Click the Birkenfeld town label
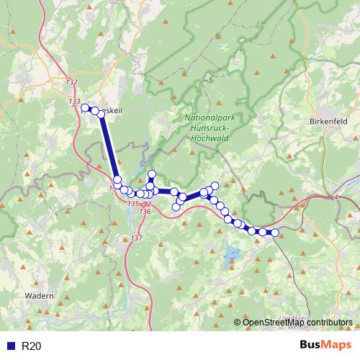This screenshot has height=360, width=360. point(333,122)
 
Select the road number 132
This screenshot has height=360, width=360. point(71,83)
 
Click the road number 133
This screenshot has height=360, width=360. point(75,102)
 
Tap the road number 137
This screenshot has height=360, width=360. point(138,238)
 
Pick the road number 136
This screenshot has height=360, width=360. point(145,212)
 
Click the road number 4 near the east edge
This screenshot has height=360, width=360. point(336,197)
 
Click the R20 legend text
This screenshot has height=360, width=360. point(32,346)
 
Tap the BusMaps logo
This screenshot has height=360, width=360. point(325,346)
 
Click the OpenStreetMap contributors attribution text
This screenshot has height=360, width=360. point(298,322)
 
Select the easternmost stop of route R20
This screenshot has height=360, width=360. point(274,232)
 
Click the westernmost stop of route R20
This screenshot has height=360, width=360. point(86,109)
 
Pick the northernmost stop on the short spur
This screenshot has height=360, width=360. point(151,174)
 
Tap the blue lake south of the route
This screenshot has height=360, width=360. point(231,254)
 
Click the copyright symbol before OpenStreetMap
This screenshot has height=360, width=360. point(238,322)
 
